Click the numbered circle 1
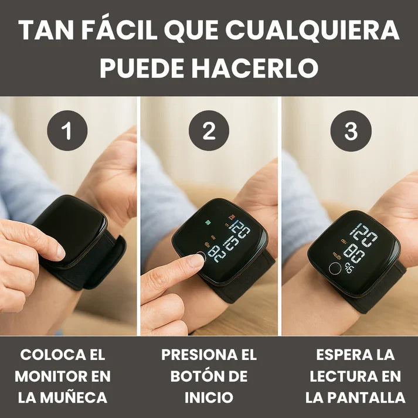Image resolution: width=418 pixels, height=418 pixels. coord(67,131)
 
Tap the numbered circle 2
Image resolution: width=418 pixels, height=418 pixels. coord(209,131)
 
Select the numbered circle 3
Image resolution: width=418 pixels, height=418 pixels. coord(351,131)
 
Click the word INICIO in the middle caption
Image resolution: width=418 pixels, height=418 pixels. coord(209,397)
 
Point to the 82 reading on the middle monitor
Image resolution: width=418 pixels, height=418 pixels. coord(218,254)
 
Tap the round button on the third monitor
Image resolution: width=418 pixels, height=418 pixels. coord(335,269)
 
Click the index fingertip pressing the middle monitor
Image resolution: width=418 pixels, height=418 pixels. coord(196,260)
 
